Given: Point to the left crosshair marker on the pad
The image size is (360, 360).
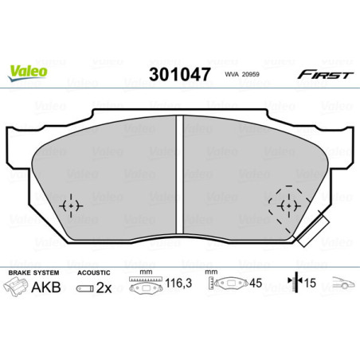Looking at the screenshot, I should point(72,205).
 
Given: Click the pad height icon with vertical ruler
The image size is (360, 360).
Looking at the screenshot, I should point(230,285).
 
